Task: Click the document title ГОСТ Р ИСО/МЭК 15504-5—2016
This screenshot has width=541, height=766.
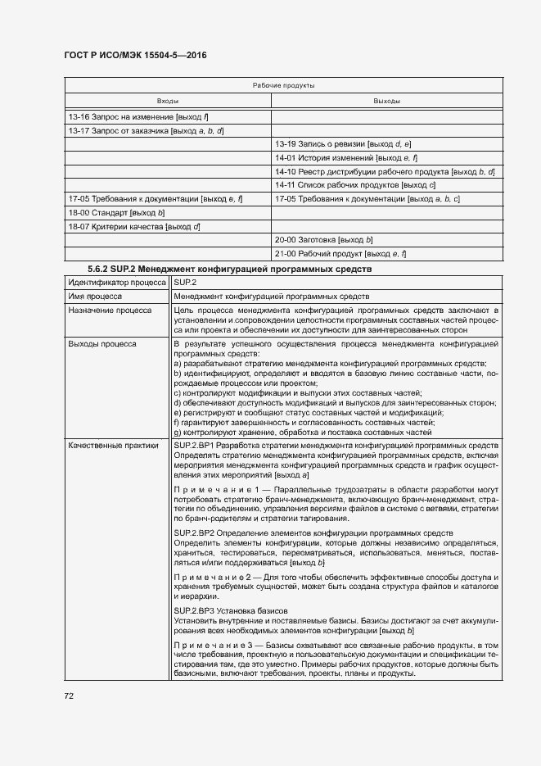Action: tap(135, 55)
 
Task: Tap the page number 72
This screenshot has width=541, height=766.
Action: tap(70, 696)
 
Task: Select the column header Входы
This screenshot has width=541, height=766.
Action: tap(168, 101)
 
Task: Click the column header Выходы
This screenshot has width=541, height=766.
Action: tap(386, 101)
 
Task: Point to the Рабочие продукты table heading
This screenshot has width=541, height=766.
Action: tap(283, 85)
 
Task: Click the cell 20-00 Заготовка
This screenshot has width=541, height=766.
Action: tap(324, 239)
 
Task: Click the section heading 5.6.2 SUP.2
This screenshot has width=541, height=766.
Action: tap(229, 269)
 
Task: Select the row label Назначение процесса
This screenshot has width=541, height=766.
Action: tap(110, 310)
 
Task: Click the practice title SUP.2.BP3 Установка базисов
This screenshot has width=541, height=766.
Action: tap(231, 611)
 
